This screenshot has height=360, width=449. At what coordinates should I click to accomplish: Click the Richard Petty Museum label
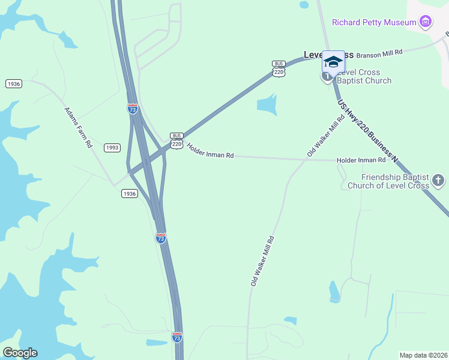pyautogui.click(x=374, y=23)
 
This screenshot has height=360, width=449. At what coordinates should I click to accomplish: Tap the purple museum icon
pyautogui.click(x=426, y=23)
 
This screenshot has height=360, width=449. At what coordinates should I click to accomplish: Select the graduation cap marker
pyautogui.click(x=334, y=62)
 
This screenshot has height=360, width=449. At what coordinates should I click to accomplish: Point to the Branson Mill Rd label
pyautogui.click(x=379, y=54)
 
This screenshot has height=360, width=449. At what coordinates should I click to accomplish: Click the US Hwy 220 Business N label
pyautogui.click(x=367, y=130)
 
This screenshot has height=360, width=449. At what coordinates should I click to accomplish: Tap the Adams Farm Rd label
pyautogui.click(x=79, y=127)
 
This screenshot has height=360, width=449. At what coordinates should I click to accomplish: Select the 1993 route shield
pyautogui.click(x=112, y=148)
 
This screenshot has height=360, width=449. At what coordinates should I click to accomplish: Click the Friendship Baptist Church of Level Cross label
pyautogui.click(x=395, y=181)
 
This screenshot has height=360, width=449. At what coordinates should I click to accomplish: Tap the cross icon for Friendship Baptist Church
pyautogui.click(x=438, y=179)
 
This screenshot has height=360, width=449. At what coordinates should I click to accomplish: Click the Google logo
pyautogui.click(x=20, y=353)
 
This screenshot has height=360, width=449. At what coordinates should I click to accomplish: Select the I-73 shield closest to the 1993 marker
pyautogui.click(x=133, y=109)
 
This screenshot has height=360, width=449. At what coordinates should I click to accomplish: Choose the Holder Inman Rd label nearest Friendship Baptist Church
pyautogui.click(x=361, y=160)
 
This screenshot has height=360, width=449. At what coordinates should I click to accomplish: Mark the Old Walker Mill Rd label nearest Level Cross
pyautogui.click(x=326, y=136)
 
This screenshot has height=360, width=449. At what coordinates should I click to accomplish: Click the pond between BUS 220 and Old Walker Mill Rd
pyautogui.click(x=267, y=104)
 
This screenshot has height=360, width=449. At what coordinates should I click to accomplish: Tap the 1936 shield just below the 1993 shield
pyautogui.click(x=129, y=193)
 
